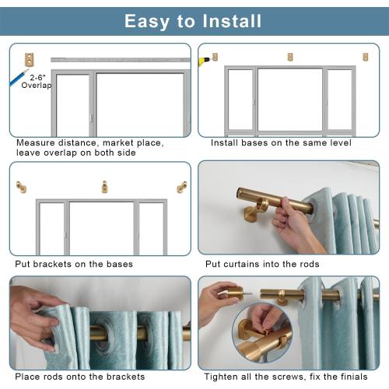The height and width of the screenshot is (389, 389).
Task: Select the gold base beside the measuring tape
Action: click(x=30, y=58)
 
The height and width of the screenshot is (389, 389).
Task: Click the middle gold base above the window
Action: click(x=290, y=57)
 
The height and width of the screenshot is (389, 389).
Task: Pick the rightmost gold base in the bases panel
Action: click(x=365, y=57)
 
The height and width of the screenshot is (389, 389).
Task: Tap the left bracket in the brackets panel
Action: click(x=21, y=187)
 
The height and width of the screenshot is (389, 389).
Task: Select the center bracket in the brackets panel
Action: click(x=104, y=187)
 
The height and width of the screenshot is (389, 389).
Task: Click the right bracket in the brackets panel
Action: click(x=182, y=187)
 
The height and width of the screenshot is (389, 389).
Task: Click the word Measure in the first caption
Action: click(x=36, y=143)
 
